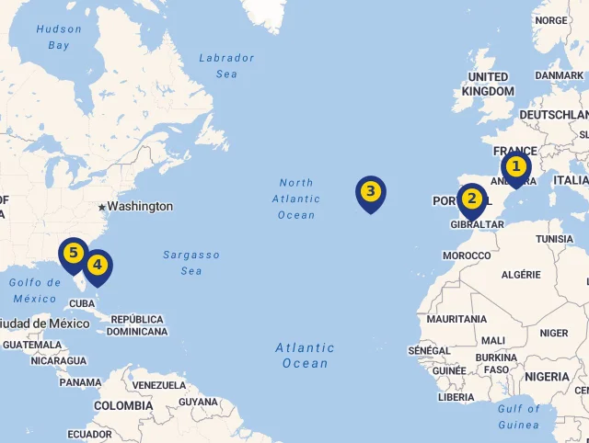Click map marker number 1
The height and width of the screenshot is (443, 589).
pyautogui.click(x=515, y=167)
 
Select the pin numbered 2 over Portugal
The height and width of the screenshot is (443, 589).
pyautogui.click(x=472, y=199)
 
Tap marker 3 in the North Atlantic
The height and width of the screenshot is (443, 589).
pyautogui.click(x=370, y=192)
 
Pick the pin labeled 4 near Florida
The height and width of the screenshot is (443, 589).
pyautogui.click(x=98, y=265)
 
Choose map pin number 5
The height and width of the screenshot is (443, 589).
pyautogui.click(x=73, y=253)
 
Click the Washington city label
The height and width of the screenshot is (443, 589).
pyautogui.click(x=140, y=206)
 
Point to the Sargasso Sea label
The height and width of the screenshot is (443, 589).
pyautogui.click(x=191, y=262)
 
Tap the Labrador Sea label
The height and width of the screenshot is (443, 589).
pyautogui.click(x=226, y=65)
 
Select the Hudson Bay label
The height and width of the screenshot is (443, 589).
pyautogui.click(x=59, y=37)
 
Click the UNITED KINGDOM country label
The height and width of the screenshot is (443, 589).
pyautogui.click(x=488, y=84)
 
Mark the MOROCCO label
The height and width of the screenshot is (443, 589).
pyautogui.click(x=467, y=255)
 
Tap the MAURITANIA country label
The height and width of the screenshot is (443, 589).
pyautogui.click(x=456, y=319)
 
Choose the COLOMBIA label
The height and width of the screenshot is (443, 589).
pyautogui.click(x=123, y=405)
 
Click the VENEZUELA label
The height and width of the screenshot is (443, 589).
pyautogui.click(x=159, y=384)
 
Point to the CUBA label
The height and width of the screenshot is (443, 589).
pyautogui.click(x=82, y=303)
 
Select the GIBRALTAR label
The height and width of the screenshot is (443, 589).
pyautogui.click(x=477, y=224)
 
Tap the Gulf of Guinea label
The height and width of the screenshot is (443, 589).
pyautogui.click(x=519, y=416)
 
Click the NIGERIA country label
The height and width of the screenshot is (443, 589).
pyautogui.click(x=547, y=376)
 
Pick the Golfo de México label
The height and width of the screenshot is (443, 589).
pyautogui.click(x=35, y=290)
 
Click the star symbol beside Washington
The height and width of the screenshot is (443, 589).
pyautogui.click(x=101, y=206)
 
